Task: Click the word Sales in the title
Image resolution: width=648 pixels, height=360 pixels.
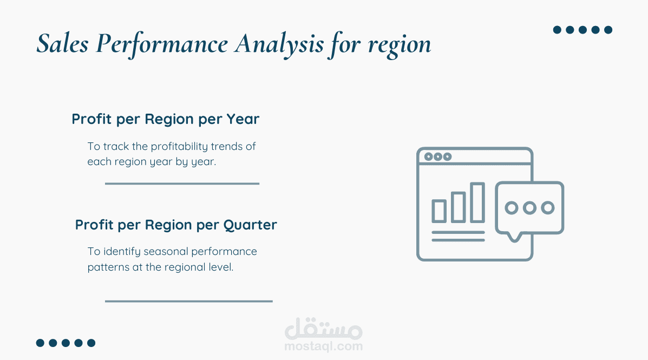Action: (x=62, y=43)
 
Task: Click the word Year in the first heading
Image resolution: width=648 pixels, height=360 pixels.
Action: (x=243, y=119)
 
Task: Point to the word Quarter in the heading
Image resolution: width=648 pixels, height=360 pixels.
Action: (x=250, y=225)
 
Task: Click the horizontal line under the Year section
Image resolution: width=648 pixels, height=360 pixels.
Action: (x=182, y=184)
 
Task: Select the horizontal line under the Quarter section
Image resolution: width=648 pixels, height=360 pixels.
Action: (x=189, y=302)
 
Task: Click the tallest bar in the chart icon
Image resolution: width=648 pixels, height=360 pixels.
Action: (x=477, y=202)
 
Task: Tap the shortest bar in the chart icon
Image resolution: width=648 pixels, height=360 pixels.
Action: (x=439, y=211)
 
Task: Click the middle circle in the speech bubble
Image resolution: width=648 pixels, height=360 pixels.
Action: (x=529, y=207)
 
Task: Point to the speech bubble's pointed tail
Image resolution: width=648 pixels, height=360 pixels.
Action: (x=514, y=238)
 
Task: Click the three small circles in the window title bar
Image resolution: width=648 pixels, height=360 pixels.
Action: (x=438, y=156)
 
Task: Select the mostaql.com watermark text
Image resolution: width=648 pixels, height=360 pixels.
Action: (x=324, y=346)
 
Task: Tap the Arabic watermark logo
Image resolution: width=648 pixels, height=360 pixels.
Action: (x=324, y=328)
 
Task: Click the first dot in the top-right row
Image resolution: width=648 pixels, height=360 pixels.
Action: (x=557, y=30)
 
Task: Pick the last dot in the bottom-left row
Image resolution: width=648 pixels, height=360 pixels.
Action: (x=91, y=343)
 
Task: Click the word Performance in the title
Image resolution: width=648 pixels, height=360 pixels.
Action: (x=161, y=44)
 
